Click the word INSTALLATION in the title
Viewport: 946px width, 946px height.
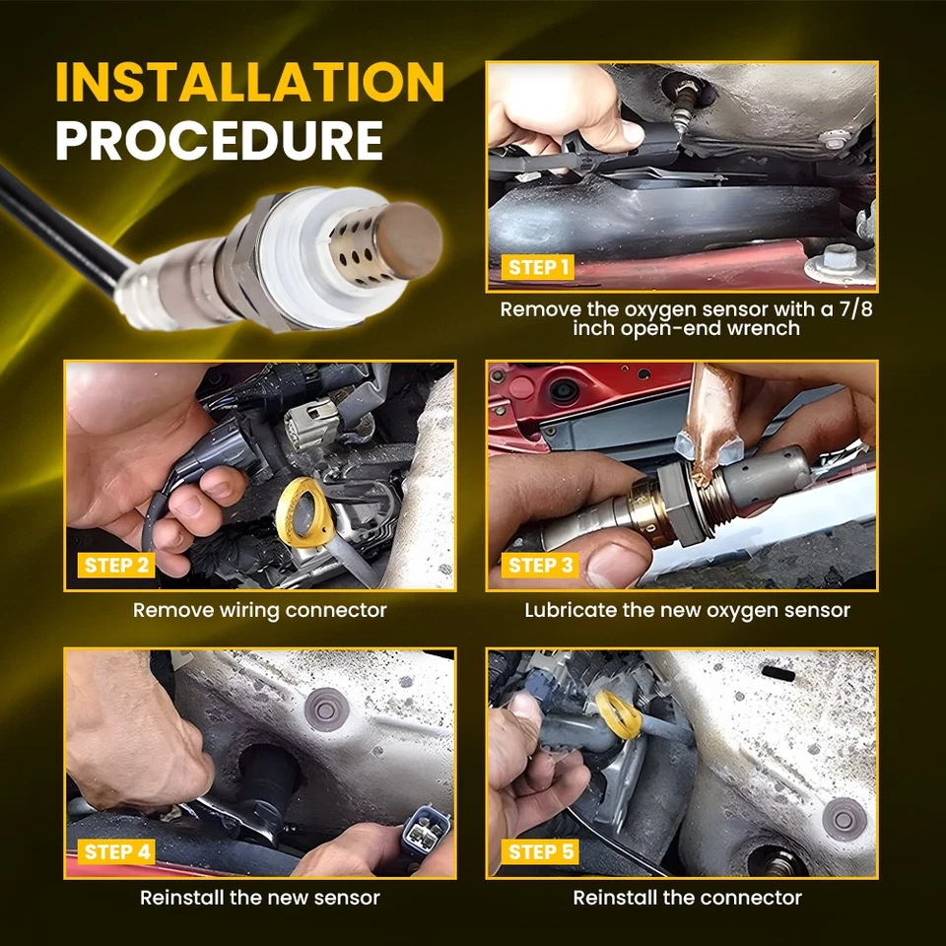(249, 81)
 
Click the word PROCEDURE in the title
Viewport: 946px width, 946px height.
(220, 140)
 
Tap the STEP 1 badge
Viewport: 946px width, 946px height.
(538, 267)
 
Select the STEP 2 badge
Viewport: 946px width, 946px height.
(116, 566)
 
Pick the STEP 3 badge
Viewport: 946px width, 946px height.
(540, 566)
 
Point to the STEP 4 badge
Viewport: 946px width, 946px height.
(116, 851)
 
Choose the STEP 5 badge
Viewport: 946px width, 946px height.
(540, 851)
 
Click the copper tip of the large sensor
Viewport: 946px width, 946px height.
(409, 240)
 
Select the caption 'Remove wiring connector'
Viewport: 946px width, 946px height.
(259, 610)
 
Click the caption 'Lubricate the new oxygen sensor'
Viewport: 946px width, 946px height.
(687, 610)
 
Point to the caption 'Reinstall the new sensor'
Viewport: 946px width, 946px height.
(260, 897)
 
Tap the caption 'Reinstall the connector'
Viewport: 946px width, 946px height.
(687, 897)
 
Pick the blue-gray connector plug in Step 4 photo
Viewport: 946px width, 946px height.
(426, 831)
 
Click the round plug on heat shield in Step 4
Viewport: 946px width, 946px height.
(326, 709)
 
